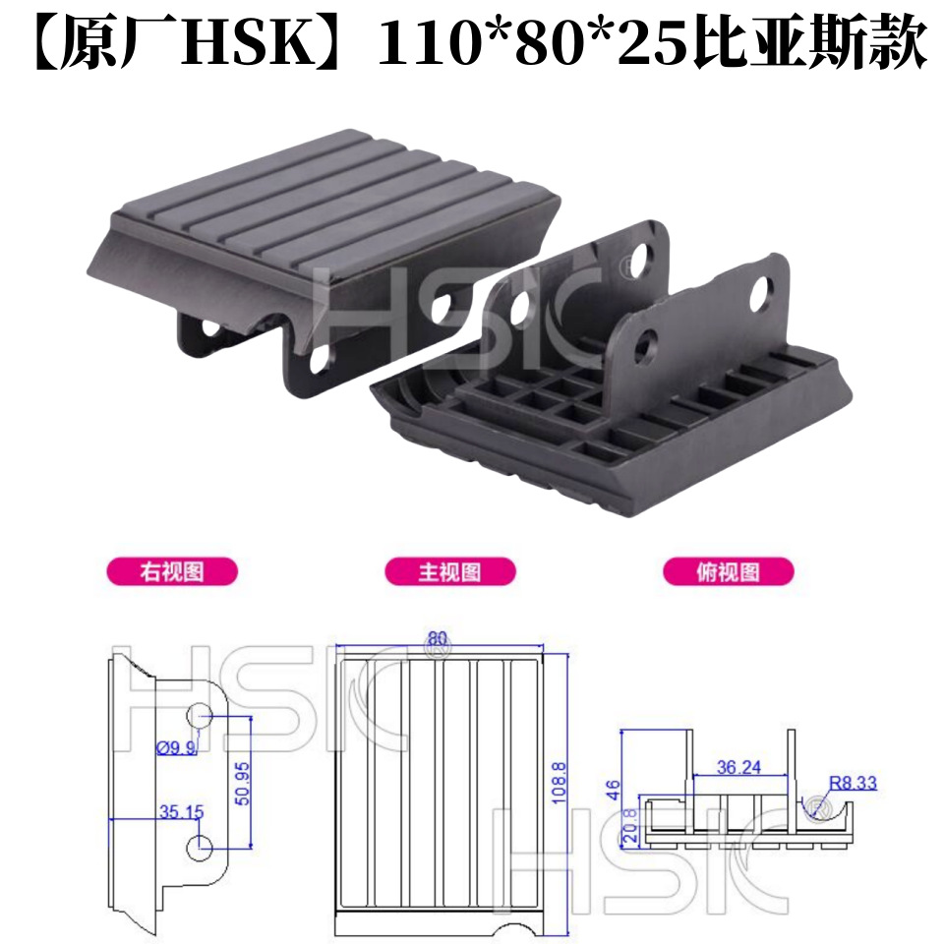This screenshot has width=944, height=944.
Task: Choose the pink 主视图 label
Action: pyautogui.click(x=450, y=571)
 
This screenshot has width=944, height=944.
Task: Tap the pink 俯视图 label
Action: pyautogui.click(x=728, y=571)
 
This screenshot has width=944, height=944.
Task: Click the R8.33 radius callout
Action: pyautogui.click(x=853, y=784)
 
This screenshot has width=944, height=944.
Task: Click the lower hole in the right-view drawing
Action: pyautogui.click(x=201, y=845)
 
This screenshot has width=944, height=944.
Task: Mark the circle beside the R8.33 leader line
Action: pyautogui.click(x=815, y=809)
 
